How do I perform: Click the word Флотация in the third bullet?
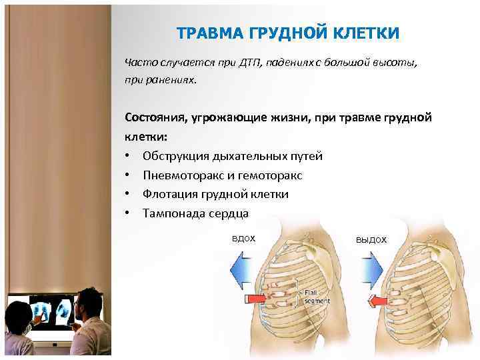(x=167, y=195)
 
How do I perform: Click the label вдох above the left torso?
(x=243, y=238)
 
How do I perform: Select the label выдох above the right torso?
(x=371, y=239)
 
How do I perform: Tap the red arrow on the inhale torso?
(x=256, y=296)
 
